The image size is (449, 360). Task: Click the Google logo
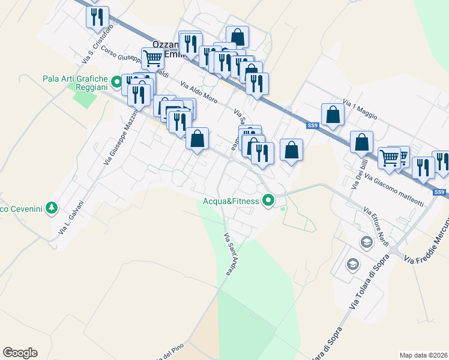20,353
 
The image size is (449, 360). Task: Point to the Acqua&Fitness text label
231,201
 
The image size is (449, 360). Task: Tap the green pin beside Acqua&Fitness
269,200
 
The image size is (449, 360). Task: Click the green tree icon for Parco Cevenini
52,208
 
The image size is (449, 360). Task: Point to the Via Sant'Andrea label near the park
228,254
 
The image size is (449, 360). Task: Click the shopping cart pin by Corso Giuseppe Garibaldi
152,59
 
